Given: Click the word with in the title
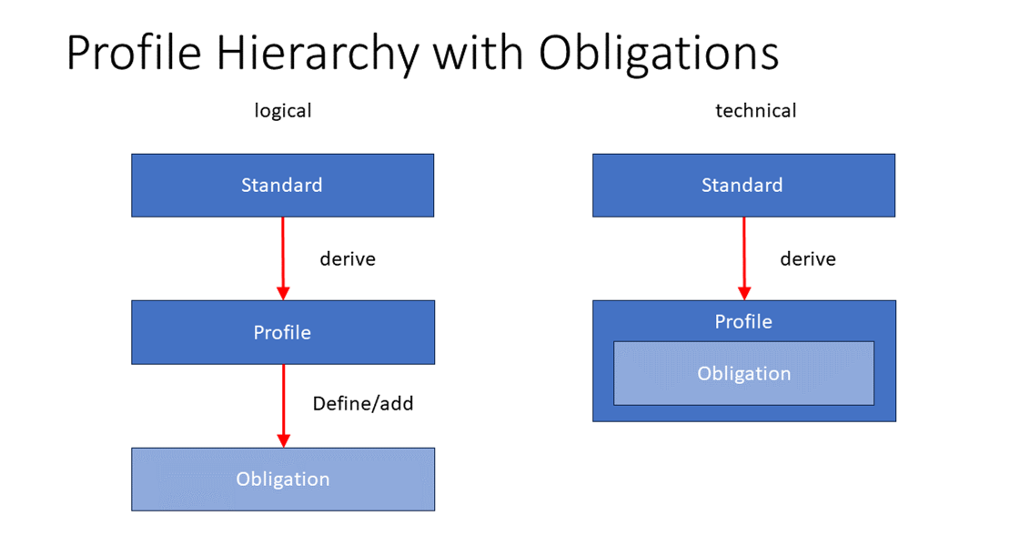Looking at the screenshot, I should tap(479, 53).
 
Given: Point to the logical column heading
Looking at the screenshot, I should tap(282, 111).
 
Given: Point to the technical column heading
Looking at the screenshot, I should tap(755, 111).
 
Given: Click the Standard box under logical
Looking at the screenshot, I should tap(282, 186).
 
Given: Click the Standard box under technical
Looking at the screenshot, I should tap(742, 186).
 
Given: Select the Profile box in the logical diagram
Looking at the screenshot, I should tap(282, 332).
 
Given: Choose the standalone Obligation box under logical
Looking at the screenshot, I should tap(282, 479).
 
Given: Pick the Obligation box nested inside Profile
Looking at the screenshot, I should tap(743, 373).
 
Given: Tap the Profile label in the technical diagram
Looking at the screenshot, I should tap(743, 321).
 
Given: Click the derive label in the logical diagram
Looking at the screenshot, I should tap(347, 259).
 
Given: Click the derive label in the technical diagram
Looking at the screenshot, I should tap(807, 259).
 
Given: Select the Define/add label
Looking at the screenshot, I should tap(362, 403).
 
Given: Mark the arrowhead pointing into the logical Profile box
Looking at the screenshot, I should tap(283, 293).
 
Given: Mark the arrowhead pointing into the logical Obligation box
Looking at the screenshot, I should tap(283, 440).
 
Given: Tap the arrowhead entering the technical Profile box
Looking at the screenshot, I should tap(744, 293).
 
